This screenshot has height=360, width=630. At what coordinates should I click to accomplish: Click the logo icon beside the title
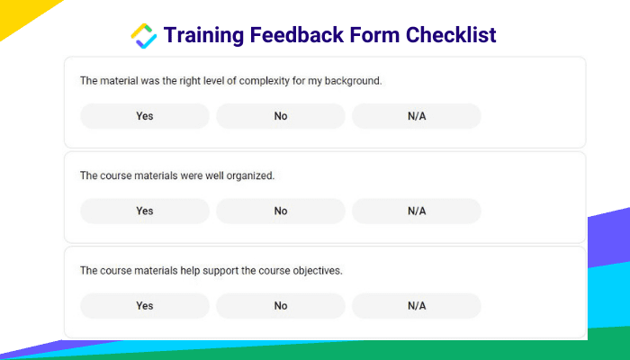tap(143, 36)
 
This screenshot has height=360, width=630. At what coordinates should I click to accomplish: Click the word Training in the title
tap(203, 35)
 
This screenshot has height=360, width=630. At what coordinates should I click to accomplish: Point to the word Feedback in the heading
tap(296, 34)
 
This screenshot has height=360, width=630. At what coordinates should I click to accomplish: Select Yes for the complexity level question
tap(145, 116)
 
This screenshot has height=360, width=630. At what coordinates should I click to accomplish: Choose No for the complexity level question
tap(281, 116)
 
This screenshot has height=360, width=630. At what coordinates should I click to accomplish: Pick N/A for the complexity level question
tap(417, 116)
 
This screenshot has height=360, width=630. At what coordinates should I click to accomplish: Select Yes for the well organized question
tap(145, 211)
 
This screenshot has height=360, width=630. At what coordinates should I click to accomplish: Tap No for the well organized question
tap(281, 211)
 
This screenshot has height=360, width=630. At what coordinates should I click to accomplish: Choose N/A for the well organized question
tap(417, 211)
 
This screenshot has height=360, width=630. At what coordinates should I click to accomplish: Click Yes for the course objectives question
tap(145, 306)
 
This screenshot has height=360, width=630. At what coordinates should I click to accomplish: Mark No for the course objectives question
tap(281, 306)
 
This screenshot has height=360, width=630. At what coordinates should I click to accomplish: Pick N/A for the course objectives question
tap(417, 306)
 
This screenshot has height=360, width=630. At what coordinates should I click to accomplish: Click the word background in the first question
tap(353, 81)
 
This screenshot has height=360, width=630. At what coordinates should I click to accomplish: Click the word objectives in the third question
tap(318, 271)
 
